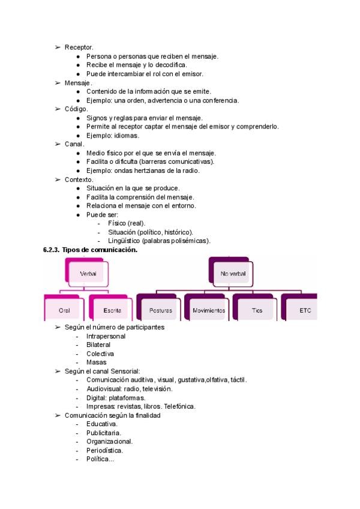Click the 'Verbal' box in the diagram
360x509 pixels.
(88, 274)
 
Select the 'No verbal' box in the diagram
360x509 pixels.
(232, 274)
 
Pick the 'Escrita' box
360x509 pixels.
(112, 310)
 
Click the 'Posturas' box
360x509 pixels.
(160, 310)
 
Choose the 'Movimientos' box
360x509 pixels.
(209, 310)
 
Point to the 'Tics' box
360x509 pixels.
(257, 310)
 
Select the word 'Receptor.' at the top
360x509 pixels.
(79, 47)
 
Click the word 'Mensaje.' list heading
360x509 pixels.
(78, 83)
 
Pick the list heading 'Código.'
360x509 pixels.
(76, 109)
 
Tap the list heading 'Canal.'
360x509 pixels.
(74, 144)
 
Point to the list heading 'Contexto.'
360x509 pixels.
(79, 179)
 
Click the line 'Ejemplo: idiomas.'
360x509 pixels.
(112, 136)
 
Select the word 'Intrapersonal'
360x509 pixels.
(106, 336)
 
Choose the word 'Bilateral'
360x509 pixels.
(98, 345)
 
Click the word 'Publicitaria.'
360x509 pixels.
(104, 433)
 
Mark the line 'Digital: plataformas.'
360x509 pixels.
(116, 397)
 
